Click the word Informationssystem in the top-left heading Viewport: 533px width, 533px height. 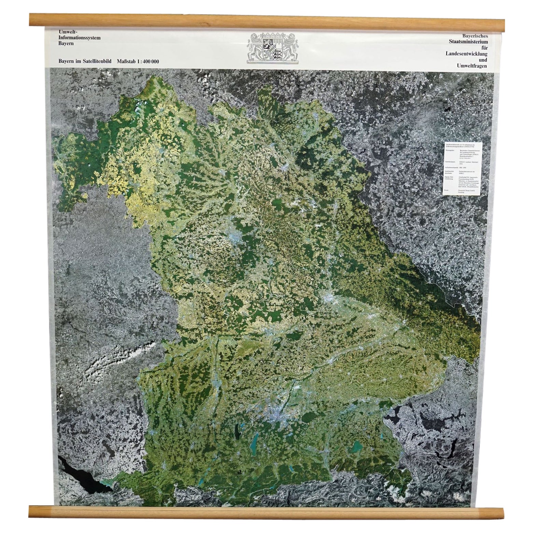[80, 38]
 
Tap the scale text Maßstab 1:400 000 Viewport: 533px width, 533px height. [138, 61]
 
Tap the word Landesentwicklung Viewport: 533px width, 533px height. [466, 54]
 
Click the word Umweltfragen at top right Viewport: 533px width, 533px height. [470, 66]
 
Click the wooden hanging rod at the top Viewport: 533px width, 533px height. [266, 20]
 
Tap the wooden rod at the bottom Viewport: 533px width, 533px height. [266, 512]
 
